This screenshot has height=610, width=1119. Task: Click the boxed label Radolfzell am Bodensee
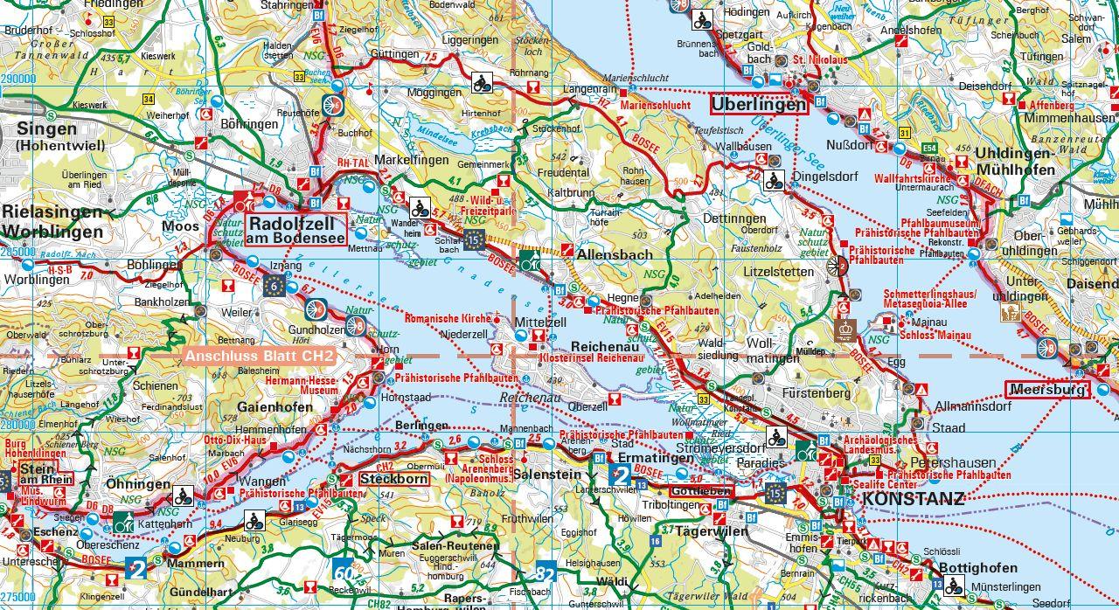[297, 229]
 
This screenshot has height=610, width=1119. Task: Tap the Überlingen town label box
[758, 104]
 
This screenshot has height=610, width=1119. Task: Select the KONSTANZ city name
[914, 499]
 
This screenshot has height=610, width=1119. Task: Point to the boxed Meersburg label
[1046, 390]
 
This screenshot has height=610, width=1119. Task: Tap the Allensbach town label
[615, 255]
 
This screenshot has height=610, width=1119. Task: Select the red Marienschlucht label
[655, 105]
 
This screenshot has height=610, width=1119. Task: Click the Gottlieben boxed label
[699, 492]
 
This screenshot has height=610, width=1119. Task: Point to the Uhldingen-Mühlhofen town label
[1015, 161]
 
